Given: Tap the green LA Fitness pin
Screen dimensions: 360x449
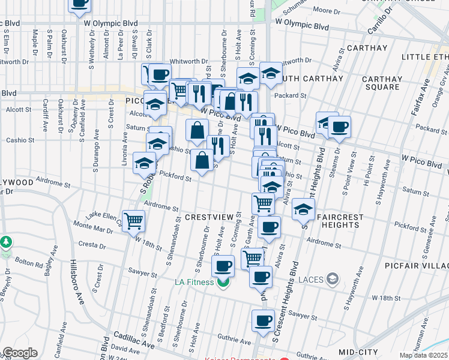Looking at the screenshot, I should pyautogui.click(x=223, y=282).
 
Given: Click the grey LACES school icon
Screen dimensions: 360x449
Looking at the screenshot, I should pyautogui.click(x=334, y=278).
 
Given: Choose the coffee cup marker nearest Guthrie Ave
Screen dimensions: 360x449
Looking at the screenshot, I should pyautogui.click(x=263, y=321).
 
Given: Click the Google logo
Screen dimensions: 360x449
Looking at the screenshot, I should pyautogui.click(x=19, y=353).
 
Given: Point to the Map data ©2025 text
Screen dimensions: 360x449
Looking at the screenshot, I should pyautogui.click(x=423, y=355).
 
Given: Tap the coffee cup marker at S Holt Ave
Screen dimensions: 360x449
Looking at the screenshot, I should pyautogui.click(x=223, y=265).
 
